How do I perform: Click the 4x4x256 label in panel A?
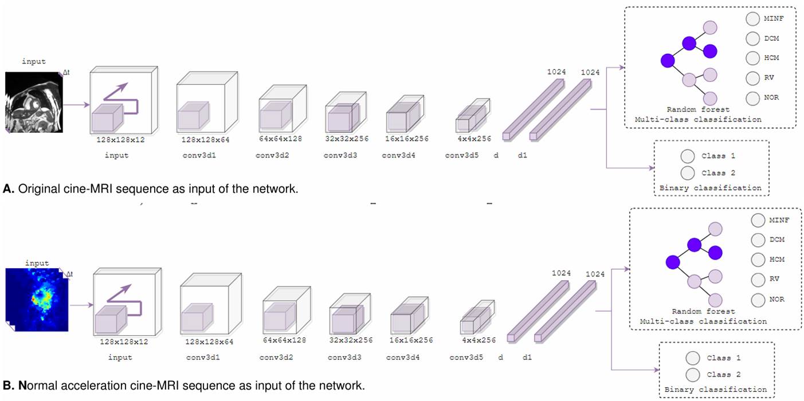[x=474, y=139]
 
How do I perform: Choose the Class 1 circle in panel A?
[x=688, y=156]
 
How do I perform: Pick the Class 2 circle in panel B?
[x=693, y=375]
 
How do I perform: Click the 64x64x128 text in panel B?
[x=284, y=340]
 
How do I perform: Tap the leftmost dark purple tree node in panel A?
[x=667, y=60]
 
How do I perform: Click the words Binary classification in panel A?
[x=711, y=188]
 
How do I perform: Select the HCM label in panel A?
[x=771, y=58]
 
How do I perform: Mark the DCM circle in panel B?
[x=758, y=240]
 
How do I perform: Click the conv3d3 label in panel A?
[x=340, y=155]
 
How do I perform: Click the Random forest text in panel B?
[x=703, y=312]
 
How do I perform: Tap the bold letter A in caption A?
[x=7, y=188]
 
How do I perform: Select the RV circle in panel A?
[x=752, y=78]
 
